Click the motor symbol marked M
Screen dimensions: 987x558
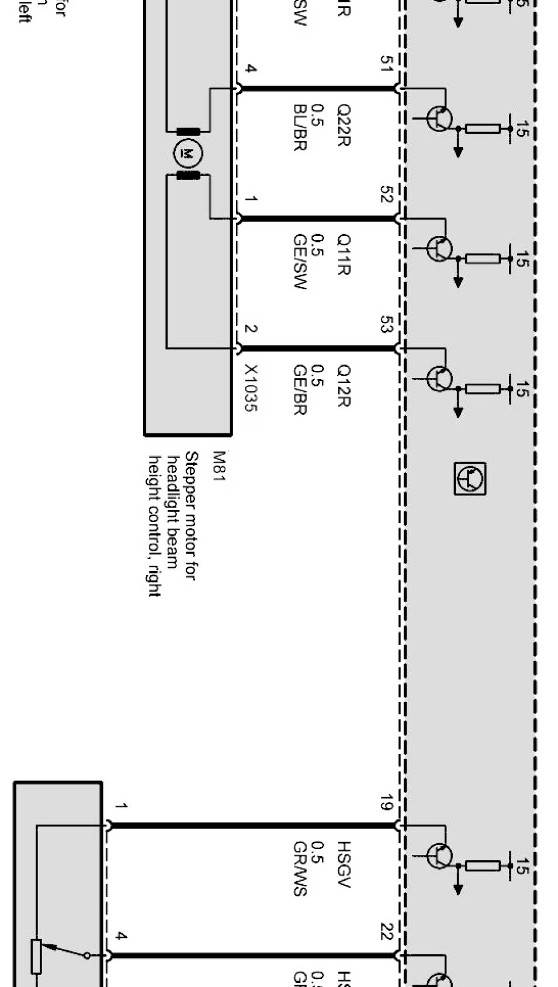pyautogui.click(x=188, y=154)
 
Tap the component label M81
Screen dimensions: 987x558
pyautogui.click(x=219, y=465)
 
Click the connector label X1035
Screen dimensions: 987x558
pyautogui.click(x=251, y=388)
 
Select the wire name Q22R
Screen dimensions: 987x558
pyautogui.click(x=344, y=125)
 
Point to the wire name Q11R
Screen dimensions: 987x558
pyautogui.click(x=344, y=255)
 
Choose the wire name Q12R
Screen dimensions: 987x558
pyautogui.click(x=344, y=385)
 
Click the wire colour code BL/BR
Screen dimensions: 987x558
pyautogui.click(x=300, y=128)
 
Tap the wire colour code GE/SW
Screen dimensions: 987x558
pyautogui.click(x=300, y=262)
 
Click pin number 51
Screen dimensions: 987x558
pyautogui.click(x=386, y=64)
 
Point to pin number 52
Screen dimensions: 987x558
pyautogui.click(x=386, y=194)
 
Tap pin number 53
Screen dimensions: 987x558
pyautogui.click(x=386, y=324)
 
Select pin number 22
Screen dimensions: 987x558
pyautogui.click(x=386, y=932)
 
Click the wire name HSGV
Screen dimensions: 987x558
pyautogui.click(x=344, y=864)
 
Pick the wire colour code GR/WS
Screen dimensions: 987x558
pyautogui.click(x=300, y=868)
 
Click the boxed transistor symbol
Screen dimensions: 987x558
pyautogui.click(x=470, y=479)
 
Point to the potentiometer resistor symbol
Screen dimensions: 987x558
pyautogui.click(x=36, y=957)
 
